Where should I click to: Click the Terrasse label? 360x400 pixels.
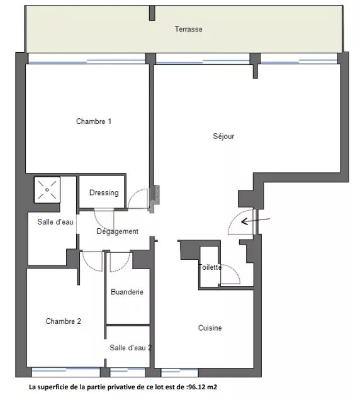pyautogui.click(x=188, y=29)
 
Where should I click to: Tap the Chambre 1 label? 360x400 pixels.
pyautogui.click(x=94, y=121)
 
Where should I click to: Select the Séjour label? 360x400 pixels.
pyautogui.click(x=223, y=136)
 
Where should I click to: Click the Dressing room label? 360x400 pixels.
pyautogui.click(x=104, y=192)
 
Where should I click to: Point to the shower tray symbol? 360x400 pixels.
pyautogui.click(x=47, y=190)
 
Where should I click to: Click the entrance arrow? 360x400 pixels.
pyautogui.click(x=256, y=221)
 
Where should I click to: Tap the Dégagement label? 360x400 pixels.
pyautogui.click(x=117, y=231)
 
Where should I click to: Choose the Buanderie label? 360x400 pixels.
pyautogui.click(x=127, y=292)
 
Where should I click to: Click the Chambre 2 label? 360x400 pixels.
pyautogui.click(x=64, y=321)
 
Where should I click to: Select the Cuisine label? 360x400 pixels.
pyautogui.click(x=210, y=328)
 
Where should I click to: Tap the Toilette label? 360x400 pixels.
pyautogui.click(x=210, y=267)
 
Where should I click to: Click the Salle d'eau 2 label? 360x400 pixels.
pyautogui.click(x=130, y=348)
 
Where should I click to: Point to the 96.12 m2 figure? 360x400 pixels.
pyautogui.click(x=202, y=387)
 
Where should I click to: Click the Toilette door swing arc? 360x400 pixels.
pyautogui.click(x=234, y=270)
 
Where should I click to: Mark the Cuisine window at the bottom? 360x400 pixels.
pyautogui.click(x=180, y=372)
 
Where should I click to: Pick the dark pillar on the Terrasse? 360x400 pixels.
pyautogui.click(x=152, y=13)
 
